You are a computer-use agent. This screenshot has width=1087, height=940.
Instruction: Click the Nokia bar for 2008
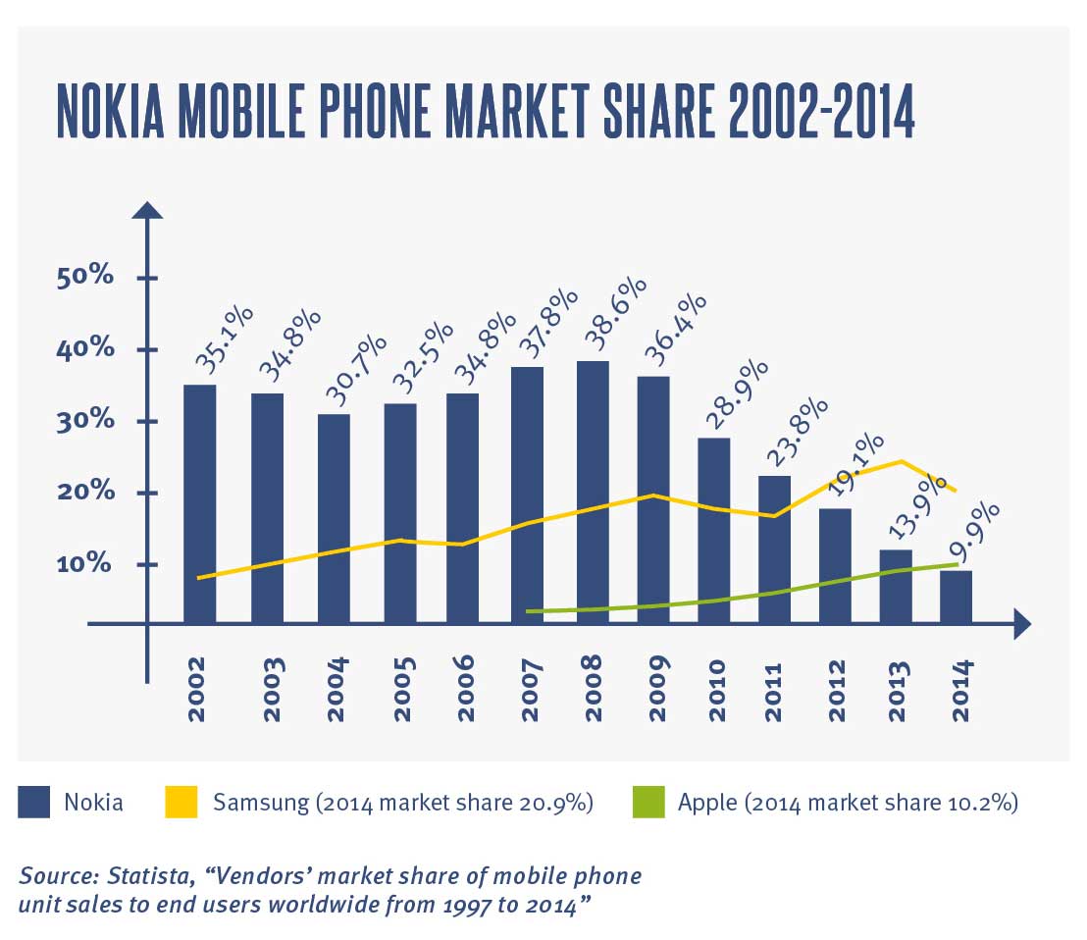[x=593, y=491]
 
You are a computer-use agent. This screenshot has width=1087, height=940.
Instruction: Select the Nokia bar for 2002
[x=199, y=502]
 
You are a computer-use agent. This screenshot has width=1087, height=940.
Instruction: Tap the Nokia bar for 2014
[x=956, y=597]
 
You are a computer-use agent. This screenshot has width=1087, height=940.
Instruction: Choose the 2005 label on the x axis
[x=404, y=689]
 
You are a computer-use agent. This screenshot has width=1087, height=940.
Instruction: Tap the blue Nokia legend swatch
[x=34, y=803]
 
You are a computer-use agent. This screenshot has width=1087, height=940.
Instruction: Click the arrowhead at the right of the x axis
[x=1021, y=623]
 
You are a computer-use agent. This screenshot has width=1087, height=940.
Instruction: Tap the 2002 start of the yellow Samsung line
[x=199, y=578]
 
